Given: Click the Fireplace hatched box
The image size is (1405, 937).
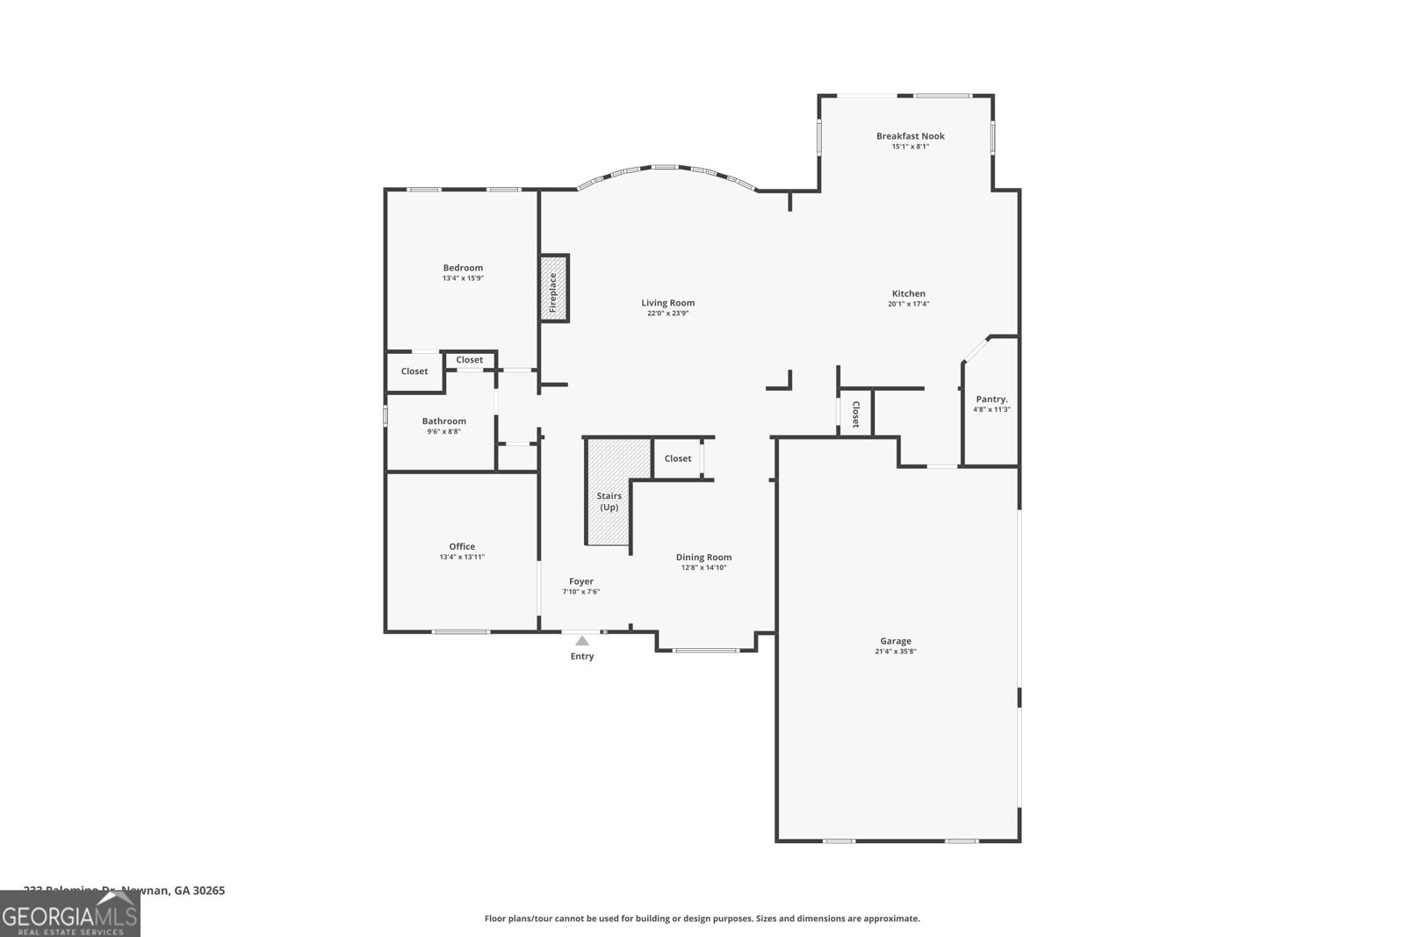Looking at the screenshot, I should (554, 288).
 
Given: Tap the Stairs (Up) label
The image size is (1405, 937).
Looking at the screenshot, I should (609, 502).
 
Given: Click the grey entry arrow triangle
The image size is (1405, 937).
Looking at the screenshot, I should (582, 641).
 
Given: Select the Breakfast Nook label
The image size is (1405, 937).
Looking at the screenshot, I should (910, 136).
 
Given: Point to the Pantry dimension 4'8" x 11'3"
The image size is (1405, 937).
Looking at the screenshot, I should (991, 410).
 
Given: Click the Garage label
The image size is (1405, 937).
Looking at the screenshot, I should (896, 641).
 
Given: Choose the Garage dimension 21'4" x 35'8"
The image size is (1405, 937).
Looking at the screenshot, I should (896, 652).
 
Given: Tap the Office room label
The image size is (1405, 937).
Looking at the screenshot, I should (462, 546).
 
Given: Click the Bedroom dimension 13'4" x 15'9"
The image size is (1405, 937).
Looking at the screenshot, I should (463, 278).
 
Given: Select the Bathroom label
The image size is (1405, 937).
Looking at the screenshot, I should (443, 422).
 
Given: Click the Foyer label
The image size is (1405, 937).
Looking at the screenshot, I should (581, 581).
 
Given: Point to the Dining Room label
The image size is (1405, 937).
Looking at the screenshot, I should (703, 557).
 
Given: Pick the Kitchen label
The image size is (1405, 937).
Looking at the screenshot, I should (908, 293).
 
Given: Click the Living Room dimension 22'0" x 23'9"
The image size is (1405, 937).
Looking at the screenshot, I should (667, 314).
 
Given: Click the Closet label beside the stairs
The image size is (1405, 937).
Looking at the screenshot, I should (677, 458).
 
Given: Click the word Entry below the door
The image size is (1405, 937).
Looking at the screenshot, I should (582, 657).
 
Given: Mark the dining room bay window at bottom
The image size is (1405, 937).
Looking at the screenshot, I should (706, 651).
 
